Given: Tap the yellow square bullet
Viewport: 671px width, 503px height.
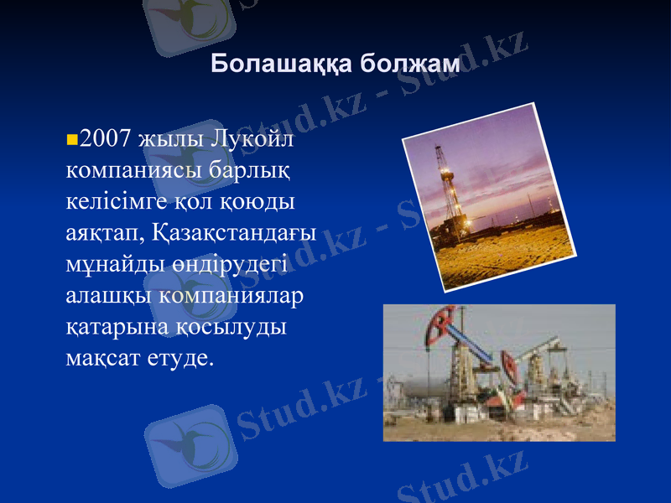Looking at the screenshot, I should point(70,136).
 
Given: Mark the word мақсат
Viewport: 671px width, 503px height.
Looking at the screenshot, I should point(102,359).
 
